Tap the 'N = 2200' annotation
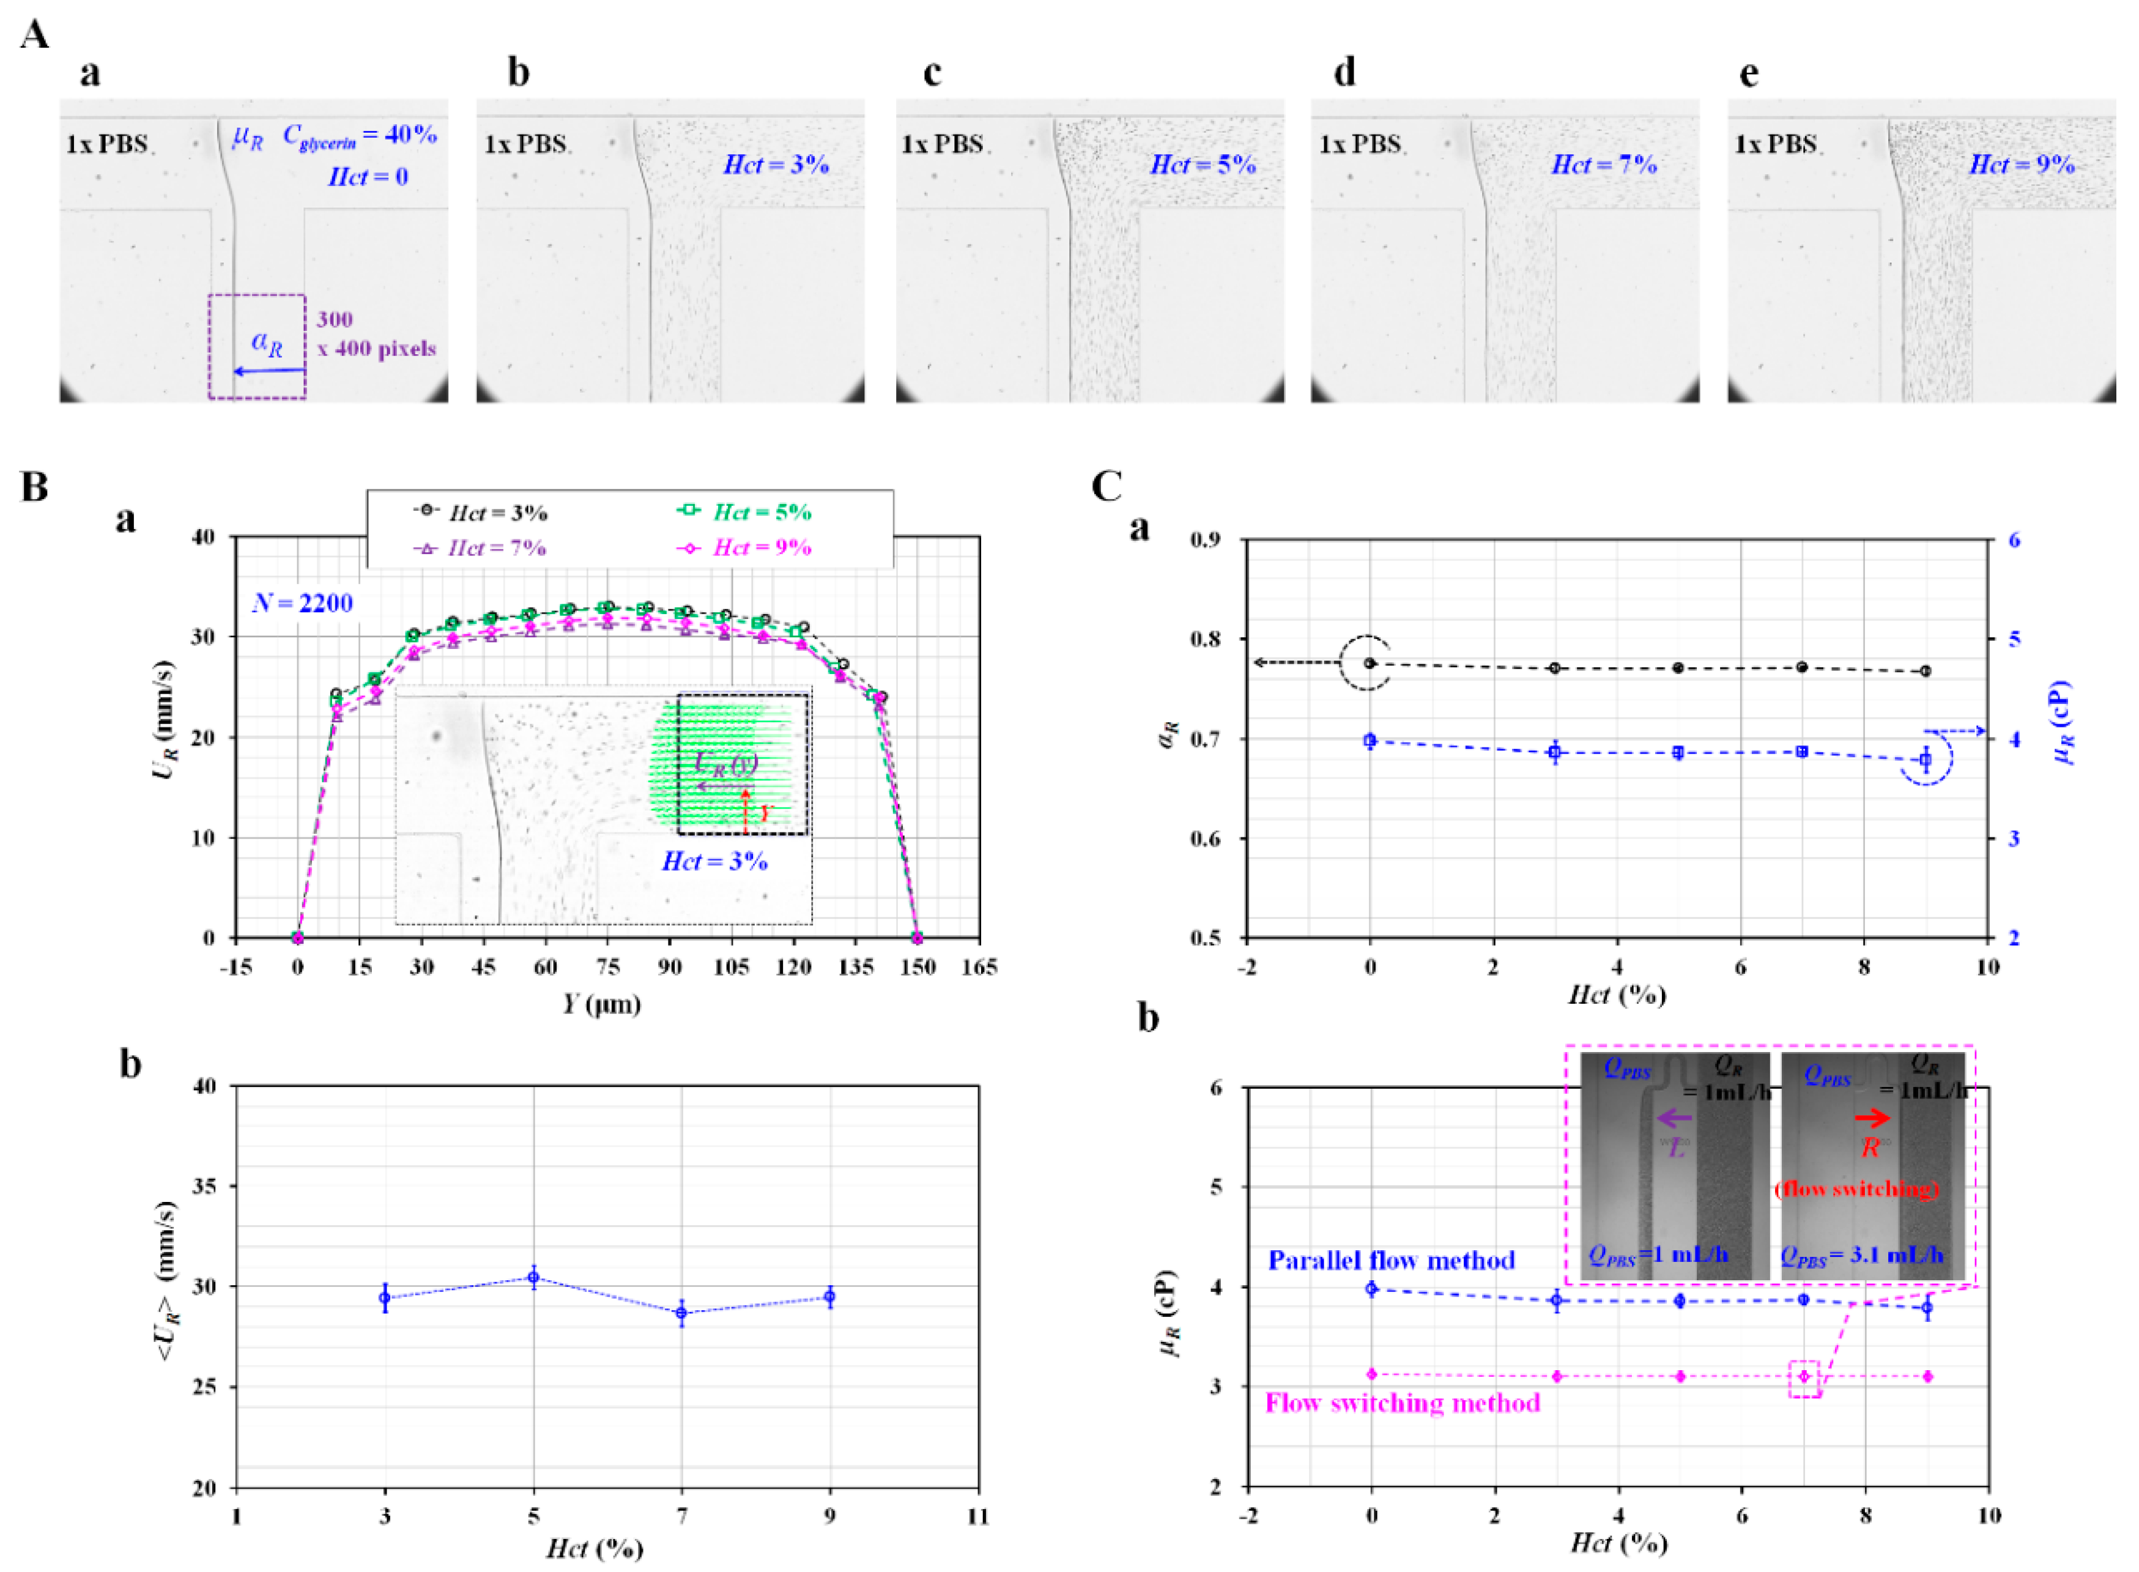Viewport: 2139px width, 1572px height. coord(303,603)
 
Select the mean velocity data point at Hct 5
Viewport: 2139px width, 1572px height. coord(534,1277)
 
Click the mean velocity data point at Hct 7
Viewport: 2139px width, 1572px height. coord(681,1313)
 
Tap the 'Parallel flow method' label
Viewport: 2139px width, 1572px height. coord(1391,1261)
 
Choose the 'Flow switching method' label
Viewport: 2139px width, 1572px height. coord(1401,1404)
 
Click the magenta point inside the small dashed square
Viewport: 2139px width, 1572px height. coord(1803,1377)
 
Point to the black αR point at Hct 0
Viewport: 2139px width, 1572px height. coord(1370,663)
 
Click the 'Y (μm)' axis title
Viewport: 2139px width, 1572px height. coord(601,1004)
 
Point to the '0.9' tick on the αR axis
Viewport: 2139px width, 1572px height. coord(1206,541)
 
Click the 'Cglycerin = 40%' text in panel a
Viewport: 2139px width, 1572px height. coord(360,136)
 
